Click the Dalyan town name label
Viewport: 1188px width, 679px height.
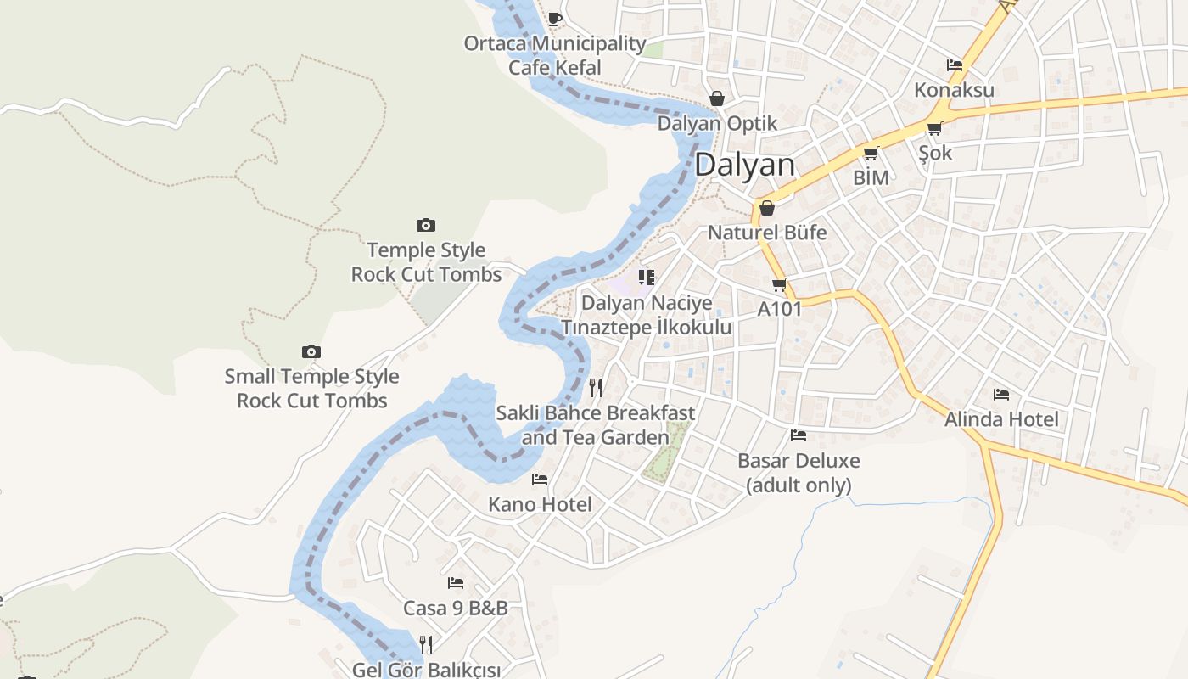pos(745,165)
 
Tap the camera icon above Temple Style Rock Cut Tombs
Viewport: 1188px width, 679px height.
pos(426,225)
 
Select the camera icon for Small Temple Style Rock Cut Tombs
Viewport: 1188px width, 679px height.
pos(311,351)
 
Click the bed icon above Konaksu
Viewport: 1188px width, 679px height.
pos(955,65)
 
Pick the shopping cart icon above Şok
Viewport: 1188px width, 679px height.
pos(934,128)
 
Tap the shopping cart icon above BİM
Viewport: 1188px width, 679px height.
pos(871,154)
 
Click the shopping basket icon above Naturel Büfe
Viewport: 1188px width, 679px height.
pos(767,207)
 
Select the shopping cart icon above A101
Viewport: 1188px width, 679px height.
pos(779,284)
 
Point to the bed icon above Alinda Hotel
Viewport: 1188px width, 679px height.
pos(1001,394)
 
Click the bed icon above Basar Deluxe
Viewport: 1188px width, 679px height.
pos(799,435)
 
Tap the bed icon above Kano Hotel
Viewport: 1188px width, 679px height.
pos(540,480)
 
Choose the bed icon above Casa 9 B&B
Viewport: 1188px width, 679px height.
pos(456,583)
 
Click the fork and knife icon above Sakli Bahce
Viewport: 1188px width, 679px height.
pos(596,388)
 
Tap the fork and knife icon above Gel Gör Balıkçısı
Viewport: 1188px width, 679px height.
pos(426,645)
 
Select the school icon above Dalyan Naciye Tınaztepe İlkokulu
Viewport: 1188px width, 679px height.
pos(647,278)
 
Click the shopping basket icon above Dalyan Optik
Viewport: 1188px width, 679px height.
pos(717,98)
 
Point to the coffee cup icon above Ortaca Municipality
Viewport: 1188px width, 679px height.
pos(555,18)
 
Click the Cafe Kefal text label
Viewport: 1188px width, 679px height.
pos(554,68)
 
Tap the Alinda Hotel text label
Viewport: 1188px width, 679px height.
pos(1001,419)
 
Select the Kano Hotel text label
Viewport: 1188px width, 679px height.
pos(540,505)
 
